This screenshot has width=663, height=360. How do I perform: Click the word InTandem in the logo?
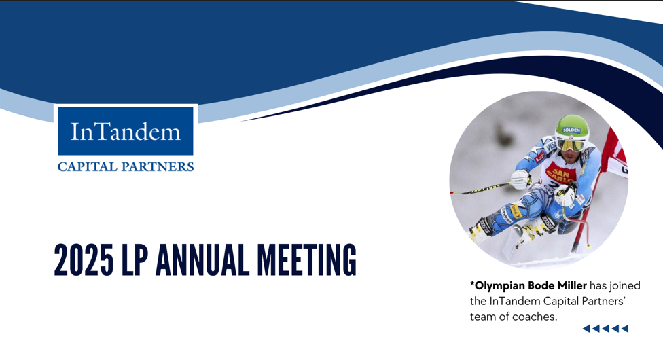point(126,130)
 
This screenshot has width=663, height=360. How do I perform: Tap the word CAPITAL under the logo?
point(85,166)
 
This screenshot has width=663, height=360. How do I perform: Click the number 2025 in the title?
point(84,259)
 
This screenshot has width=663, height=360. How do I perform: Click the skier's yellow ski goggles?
point(571,144)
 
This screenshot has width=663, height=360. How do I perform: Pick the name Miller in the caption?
point(569,285)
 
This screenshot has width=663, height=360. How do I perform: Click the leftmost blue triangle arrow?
point(586,329)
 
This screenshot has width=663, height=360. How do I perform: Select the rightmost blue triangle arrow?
point(625,329)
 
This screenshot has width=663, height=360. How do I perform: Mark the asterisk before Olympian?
point(472,284)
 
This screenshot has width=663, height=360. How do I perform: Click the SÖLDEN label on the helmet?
point(571,130)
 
